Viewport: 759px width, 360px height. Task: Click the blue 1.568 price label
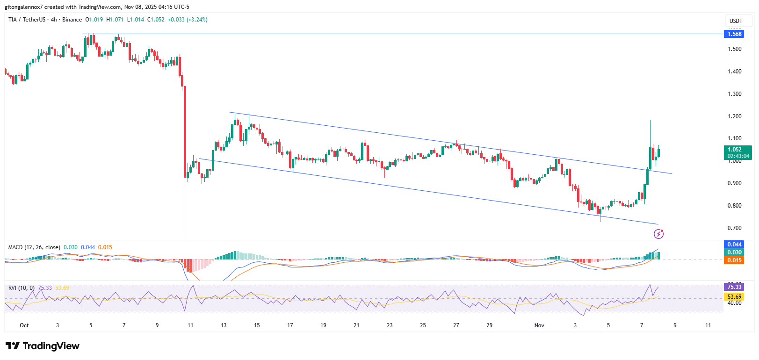tap(734, 34)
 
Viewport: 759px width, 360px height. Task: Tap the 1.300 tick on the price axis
tap(734, 94)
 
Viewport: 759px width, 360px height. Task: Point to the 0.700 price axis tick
tap(734, 228)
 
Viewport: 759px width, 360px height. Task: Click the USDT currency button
tap(736, 21)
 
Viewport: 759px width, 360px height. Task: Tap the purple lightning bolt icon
tap(658, 234)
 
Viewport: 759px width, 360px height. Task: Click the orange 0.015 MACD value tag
tap(734, 260)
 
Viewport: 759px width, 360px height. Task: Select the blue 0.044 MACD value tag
tap(734, 245)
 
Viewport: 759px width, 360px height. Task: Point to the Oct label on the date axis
tap(24, 325)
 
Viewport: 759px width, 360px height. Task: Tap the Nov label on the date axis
tap(539, 325)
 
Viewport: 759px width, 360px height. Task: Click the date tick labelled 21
tap(356, 325)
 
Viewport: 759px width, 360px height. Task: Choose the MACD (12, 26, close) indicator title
tap(34, 247)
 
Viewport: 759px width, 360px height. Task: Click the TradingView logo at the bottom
tap(43, 346)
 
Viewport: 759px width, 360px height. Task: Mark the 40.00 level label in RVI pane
tap(734, 303)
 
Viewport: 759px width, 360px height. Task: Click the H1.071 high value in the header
tap(115, 20)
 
